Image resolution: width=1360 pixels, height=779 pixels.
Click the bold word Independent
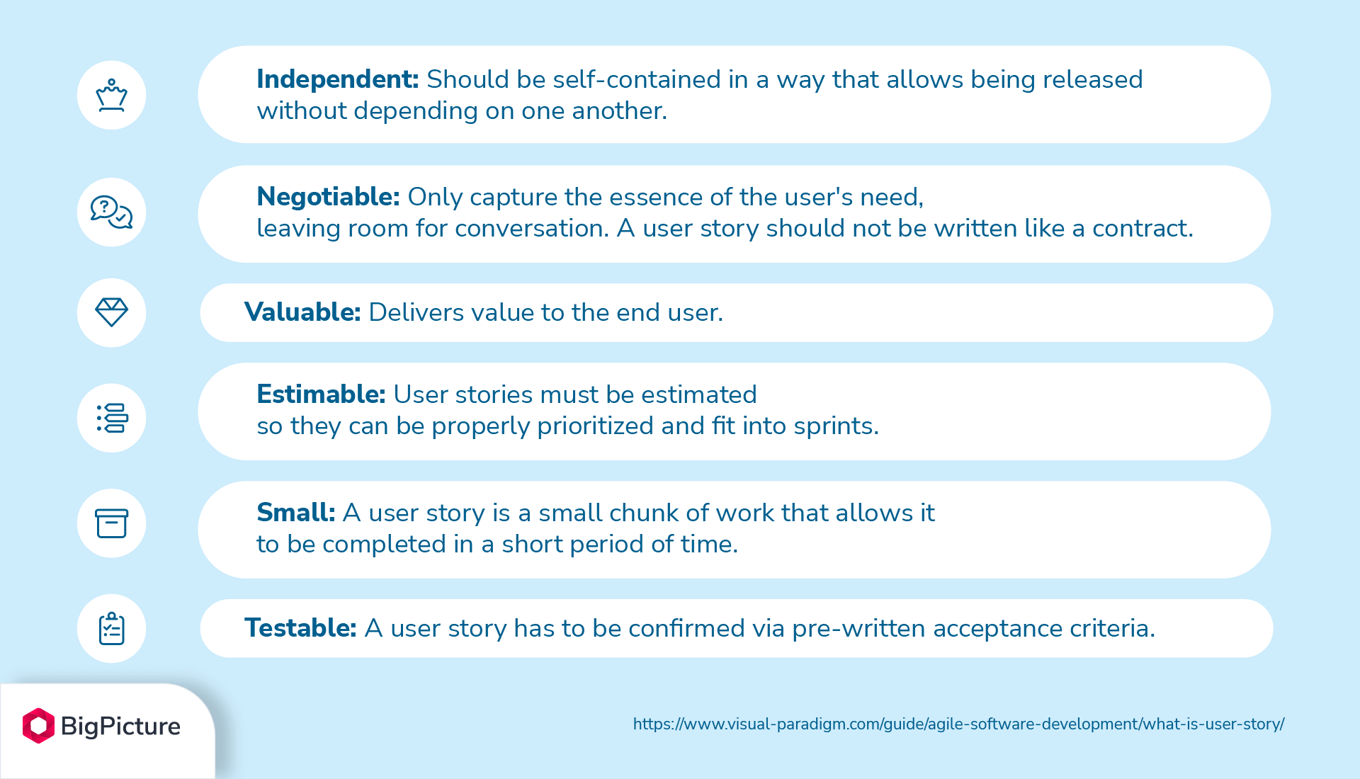point(337,79)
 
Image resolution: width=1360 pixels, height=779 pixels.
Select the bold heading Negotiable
point(328,197)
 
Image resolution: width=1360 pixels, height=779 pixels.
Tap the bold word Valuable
point(302,312)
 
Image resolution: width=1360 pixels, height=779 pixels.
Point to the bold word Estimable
point(321,394)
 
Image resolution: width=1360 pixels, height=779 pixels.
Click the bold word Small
point(295,513)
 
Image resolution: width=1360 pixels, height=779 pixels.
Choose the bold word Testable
point(300,628)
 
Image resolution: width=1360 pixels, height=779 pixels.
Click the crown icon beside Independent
point(111,95)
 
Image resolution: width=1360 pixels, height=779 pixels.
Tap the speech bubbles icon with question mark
point(111,212)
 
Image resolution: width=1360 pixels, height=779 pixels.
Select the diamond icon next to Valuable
point(111,312)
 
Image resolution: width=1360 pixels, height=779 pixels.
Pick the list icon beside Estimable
point(111,418)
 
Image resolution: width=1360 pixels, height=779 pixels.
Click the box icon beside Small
point(111,523)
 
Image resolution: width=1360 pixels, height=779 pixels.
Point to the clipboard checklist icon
point(111,628)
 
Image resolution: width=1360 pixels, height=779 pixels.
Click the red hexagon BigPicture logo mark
point(38,725)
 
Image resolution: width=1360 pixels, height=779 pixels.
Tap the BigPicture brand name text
point(120,726)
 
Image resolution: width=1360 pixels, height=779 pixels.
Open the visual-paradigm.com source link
point(958,724)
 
